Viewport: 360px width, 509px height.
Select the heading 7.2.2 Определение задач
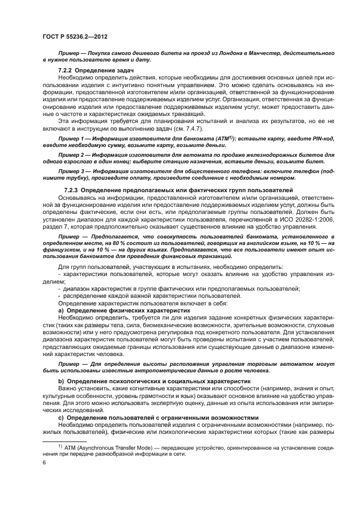[x=95, y=71]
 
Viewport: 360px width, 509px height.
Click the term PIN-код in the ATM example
[x=321, y=139]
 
